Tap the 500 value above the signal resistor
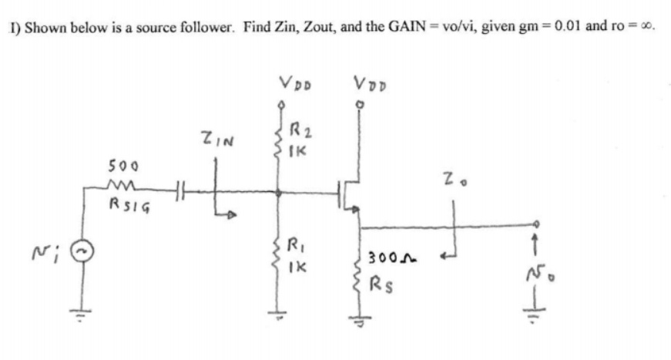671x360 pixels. tap(121, 165)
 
